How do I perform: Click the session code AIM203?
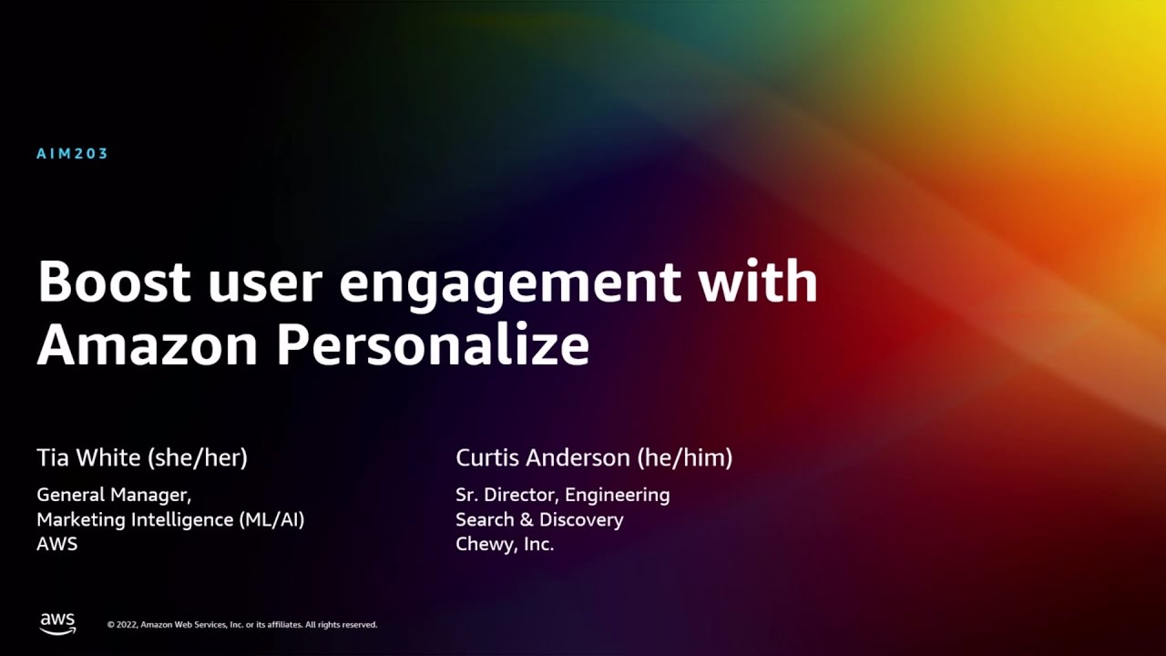[72, 154]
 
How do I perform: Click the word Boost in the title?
[114, 282]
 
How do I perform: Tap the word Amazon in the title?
[148, 343]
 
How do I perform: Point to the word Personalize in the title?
[433, 343]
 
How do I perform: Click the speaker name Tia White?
[88, 457]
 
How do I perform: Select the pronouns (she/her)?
[198, 458]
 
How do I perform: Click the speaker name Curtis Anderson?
[543, 457]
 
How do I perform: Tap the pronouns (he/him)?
[685, 458]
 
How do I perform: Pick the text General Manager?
[114, 495]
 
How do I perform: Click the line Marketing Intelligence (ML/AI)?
[170, 519]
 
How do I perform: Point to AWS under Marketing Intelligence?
[57, 544]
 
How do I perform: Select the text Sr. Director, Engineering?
[563, 495]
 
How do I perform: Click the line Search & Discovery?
[540, 519]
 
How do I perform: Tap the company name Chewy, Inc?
[505, 545]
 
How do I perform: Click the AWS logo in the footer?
[57, 624]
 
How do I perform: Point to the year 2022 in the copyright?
[127, 625]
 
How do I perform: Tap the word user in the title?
[265, 286]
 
